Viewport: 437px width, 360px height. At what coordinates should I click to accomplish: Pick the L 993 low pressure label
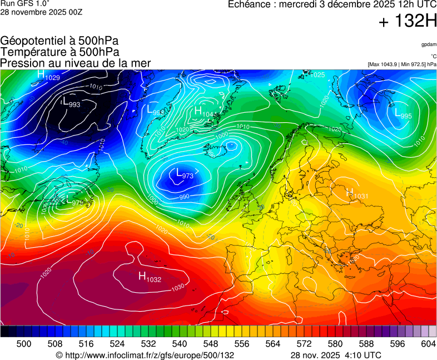point(71,103)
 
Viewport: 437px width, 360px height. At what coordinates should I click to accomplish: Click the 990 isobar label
point(184,197)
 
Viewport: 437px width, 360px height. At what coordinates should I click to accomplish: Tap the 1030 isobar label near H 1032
point(177,287)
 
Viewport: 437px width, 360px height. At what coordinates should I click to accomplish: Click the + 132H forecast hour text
point(408,22)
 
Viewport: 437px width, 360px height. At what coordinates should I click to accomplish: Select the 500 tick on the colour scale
point(24,344)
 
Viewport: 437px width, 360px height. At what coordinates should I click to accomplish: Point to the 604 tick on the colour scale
point(428,344)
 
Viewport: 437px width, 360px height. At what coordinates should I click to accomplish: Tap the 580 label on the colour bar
point(335,344)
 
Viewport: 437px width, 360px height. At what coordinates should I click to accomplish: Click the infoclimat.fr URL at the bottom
point(145,355)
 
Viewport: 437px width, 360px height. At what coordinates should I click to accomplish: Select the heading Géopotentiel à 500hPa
point(59,41)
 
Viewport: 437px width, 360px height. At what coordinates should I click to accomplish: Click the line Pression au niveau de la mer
point(76,63)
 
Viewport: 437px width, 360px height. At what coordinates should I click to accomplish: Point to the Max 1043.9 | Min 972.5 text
point(401,64)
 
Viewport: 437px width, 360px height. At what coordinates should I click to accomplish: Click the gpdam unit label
point(428,44)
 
